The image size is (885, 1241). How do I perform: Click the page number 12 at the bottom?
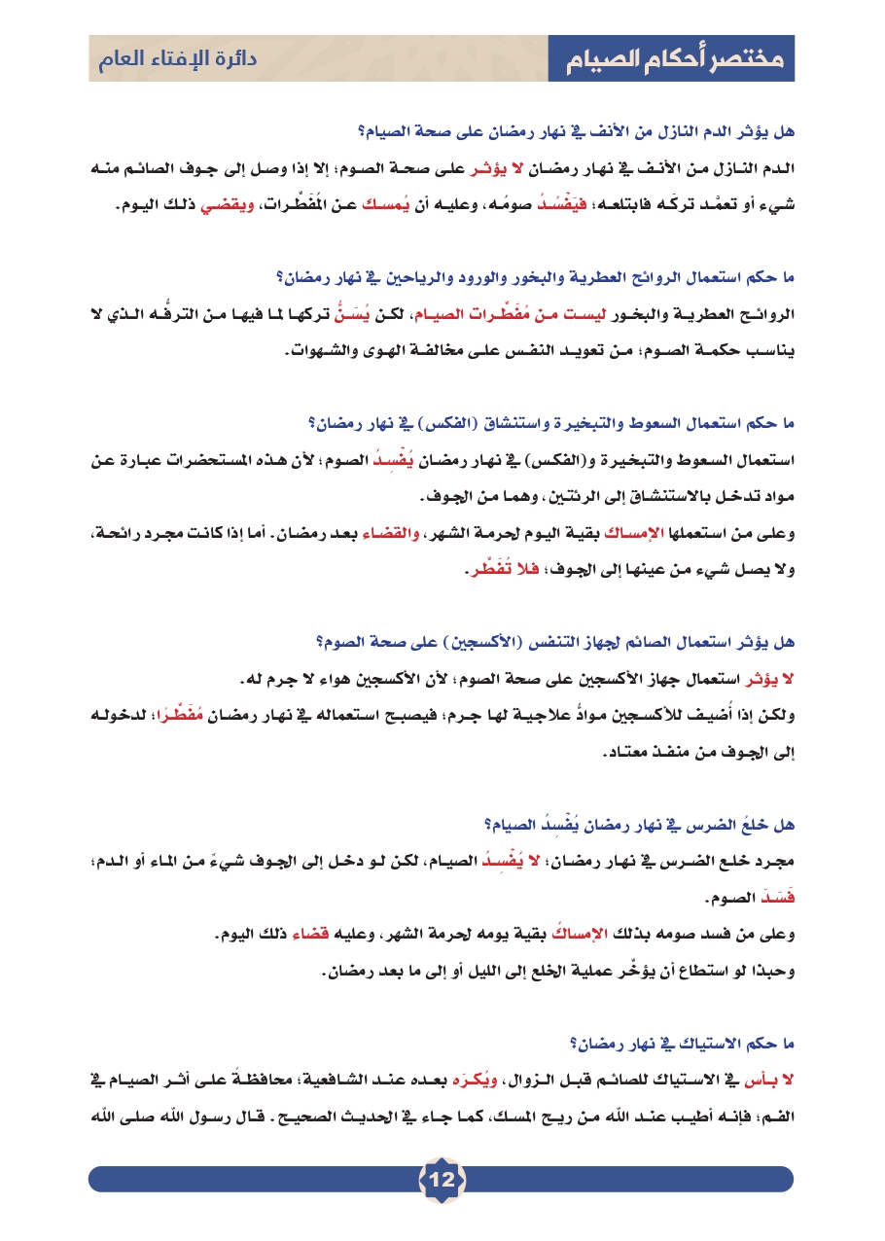click(442, 1180)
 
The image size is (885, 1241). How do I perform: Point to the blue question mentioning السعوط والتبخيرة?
click(550, 423)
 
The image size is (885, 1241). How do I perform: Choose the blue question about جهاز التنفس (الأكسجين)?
click(554, 642)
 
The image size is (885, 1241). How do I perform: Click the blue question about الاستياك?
click(682, 1044)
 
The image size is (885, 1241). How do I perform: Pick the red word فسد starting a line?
click(773, 900)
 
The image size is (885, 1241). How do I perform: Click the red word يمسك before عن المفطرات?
click(366, 207)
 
